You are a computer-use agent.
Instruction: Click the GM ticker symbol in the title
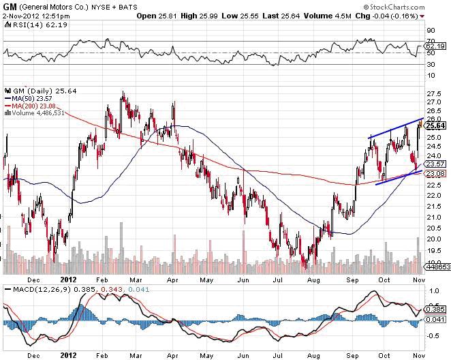[11, 5]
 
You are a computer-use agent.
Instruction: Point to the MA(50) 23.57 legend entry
[34, 98]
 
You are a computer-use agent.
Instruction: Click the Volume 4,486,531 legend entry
[38, 113]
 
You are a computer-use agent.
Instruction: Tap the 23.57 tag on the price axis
[435, 164]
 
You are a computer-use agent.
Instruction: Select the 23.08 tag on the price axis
[435, 174]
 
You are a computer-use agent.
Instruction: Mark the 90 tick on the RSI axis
[431, 31]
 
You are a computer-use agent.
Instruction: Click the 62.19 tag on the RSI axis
[435, 47]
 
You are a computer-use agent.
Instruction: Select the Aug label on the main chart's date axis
[314, 279]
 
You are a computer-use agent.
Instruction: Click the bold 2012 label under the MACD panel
[69, 355]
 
